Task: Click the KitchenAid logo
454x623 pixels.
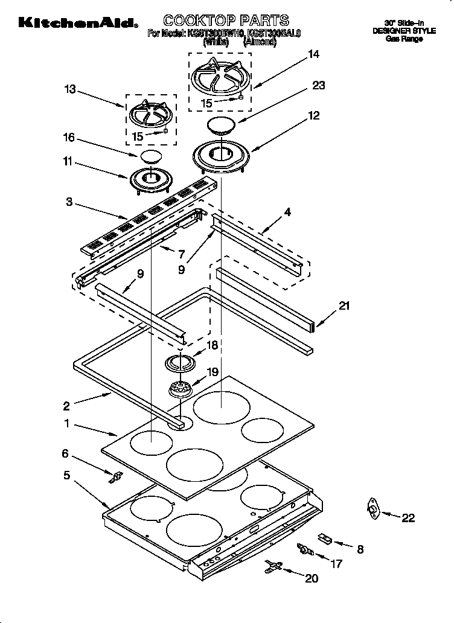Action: (77, 24)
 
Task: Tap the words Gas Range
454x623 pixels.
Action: (405, 39)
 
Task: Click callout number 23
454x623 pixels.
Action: (318, 86)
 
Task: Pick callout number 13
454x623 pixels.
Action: (70, 89)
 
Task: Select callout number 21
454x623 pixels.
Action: (344, 306)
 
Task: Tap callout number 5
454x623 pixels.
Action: (66, 475)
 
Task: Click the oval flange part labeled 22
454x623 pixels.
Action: (373, 511)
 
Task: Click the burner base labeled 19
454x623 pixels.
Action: (179, 389)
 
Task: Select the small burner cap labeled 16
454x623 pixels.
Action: (151, 158)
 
